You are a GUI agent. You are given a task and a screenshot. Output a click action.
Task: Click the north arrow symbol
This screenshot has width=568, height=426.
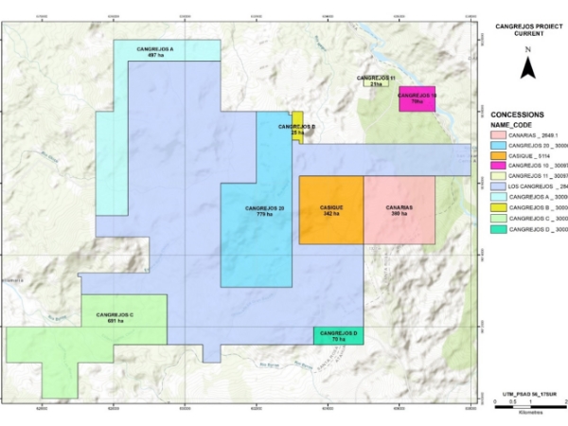point(528,65)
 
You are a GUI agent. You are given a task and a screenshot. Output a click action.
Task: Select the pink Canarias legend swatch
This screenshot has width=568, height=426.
point(498,135)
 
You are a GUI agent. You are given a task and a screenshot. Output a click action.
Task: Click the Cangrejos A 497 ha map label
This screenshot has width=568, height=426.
point(167,51)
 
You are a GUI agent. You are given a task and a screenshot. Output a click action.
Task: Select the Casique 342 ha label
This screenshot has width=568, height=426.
point(332,211)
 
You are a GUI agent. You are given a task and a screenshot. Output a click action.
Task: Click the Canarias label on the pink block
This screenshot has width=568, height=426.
point(399,211)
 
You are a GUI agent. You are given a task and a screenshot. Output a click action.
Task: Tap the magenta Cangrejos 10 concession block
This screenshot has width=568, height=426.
point(417,98)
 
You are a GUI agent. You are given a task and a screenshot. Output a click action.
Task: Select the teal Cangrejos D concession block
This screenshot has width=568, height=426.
point(338,336)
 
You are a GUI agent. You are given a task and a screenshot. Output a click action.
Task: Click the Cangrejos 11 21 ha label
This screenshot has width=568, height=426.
point(376,81)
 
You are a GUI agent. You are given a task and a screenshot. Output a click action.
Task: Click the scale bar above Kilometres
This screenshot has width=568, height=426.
point(531,403)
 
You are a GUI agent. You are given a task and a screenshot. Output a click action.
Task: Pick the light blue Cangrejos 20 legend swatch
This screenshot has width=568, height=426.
point(498,148)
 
